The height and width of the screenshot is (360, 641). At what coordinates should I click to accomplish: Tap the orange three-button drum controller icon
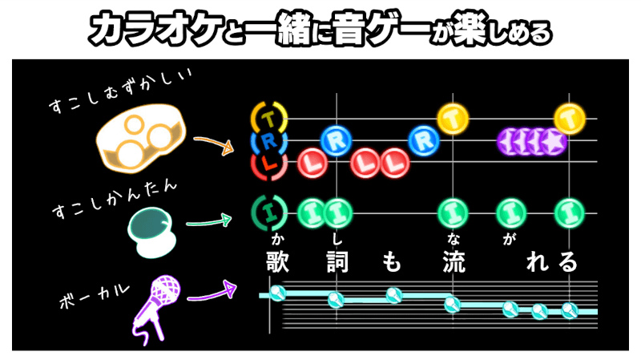point(140,138)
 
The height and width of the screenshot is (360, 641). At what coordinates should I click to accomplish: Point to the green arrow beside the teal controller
point(209,222)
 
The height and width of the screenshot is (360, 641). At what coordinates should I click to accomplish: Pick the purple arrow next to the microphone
point(212,292)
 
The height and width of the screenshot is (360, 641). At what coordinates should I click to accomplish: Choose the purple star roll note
point(532,142)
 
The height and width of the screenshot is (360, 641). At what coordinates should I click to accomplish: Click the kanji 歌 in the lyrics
point(278,261)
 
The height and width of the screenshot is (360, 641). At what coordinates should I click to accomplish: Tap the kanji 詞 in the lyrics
point(337,262)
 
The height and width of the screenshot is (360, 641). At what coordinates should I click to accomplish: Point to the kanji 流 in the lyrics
point(454,262)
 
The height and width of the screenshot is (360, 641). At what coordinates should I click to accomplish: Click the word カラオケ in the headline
point(155,29)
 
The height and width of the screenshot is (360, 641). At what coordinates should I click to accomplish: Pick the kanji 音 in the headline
point(349,29)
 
